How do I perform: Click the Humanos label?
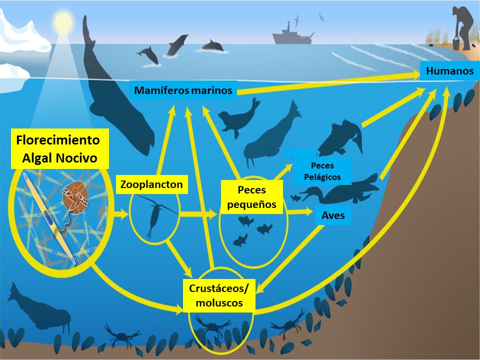(449, 71)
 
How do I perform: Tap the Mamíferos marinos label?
(183, 90)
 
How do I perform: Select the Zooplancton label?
(151, 184)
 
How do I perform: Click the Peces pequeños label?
(251, 197)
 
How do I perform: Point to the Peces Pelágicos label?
(322, 171)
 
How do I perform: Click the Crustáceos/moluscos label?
(219, 295)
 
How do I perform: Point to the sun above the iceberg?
(63, 21)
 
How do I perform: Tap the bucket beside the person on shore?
(456, 43)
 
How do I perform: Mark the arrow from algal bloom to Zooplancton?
(120, 215)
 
